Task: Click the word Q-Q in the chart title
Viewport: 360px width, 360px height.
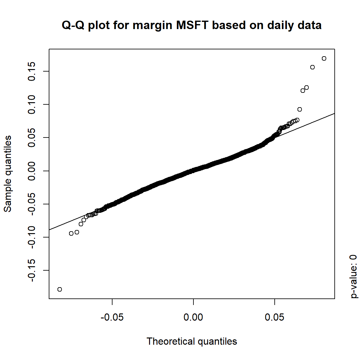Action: coord(73,25)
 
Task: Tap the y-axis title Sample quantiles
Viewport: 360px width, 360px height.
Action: coord(7,174)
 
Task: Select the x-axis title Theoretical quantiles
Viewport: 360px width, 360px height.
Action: coord(192,341)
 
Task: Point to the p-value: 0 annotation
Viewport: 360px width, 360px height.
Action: coord(353,276)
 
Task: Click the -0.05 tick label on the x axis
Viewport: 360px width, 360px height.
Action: coord(112,317)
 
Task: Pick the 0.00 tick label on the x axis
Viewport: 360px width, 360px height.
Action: coord(193,317)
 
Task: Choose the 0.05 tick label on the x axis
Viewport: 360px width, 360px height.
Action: coord(274,317)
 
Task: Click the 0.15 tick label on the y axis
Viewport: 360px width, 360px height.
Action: coord(32,71)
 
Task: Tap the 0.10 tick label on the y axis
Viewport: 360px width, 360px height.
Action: coord(32,104)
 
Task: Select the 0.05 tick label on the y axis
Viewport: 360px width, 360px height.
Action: coord(32,137)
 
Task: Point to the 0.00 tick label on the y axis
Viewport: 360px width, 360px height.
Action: coord(32,171)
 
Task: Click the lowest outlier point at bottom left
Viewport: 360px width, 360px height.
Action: coord(60,289)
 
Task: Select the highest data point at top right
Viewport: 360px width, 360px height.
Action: coord(324,58)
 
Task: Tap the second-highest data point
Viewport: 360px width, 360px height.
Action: coord(312,67)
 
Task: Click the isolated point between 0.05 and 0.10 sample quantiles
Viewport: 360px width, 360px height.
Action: coord(300,109)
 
